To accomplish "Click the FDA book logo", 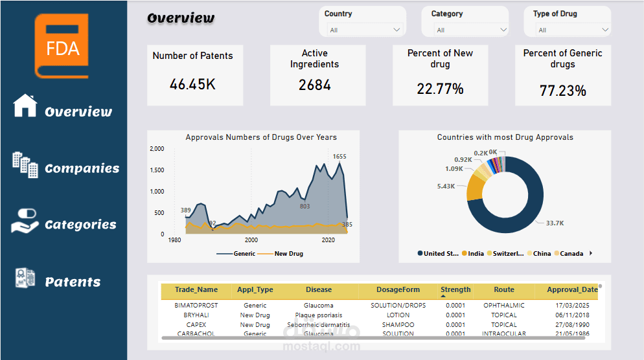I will pos(62,45).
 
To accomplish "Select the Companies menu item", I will pos(82,168).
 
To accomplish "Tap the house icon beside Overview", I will pos(25,106).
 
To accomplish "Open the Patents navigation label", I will pos(73,282).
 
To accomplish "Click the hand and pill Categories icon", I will pos(25,221).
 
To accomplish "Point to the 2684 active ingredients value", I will pos(315,85).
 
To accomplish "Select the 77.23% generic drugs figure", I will pos(562,91).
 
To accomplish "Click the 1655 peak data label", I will pos(339,156).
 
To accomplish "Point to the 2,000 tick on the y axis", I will pos(157,149).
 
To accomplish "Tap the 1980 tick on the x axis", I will pos(174,240).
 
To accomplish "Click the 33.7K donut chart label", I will pos(555,223).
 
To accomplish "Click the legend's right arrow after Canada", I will pos(590,253).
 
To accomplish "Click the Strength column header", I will pos(455,290).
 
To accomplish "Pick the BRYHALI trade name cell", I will pos(196,315).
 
